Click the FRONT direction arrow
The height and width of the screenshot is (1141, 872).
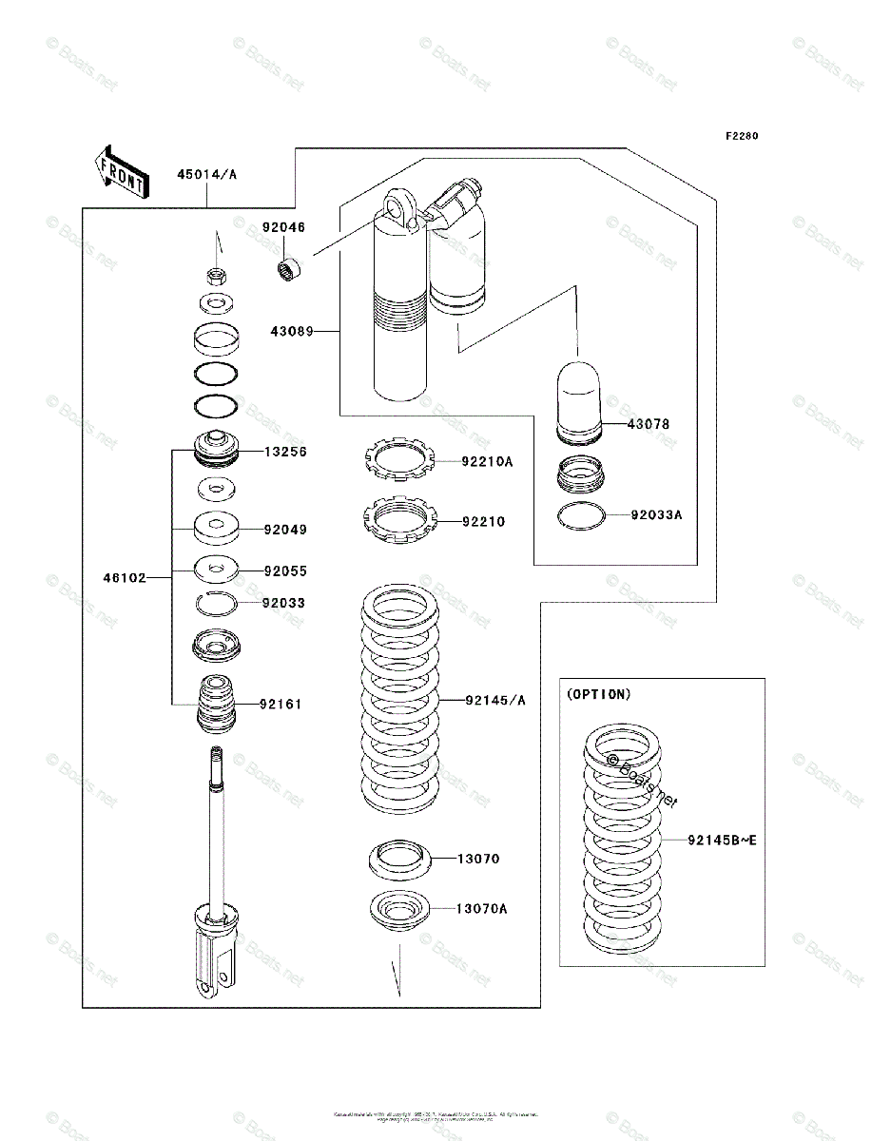coord(120,170)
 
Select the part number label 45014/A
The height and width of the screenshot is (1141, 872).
coord(205,174)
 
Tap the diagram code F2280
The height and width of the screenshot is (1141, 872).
coord(742,136)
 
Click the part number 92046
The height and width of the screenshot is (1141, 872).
coord(284,227)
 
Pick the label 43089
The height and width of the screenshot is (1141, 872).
coord(292,332)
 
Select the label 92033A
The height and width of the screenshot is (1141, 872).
coord(657,515)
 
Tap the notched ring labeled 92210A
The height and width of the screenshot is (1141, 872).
coord(400,461)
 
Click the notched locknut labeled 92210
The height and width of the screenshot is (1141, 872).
coord(400,520)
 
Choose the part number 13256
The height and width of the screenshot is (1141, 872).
coord(285,453)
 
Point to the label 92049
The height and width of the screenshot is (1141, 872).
coord(285,529)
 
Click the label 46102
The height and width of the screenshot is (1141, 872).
coord(126,576)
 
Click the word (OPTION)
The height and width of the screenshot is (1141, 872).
coord(598,694)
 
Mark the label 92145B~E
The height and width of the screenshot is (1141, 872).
coord(723,841)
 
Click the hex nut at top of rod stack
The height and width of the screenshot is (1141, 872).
coord(217,277)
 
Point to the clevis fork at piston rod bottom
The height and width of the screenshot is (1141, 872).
coord(213,960)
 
